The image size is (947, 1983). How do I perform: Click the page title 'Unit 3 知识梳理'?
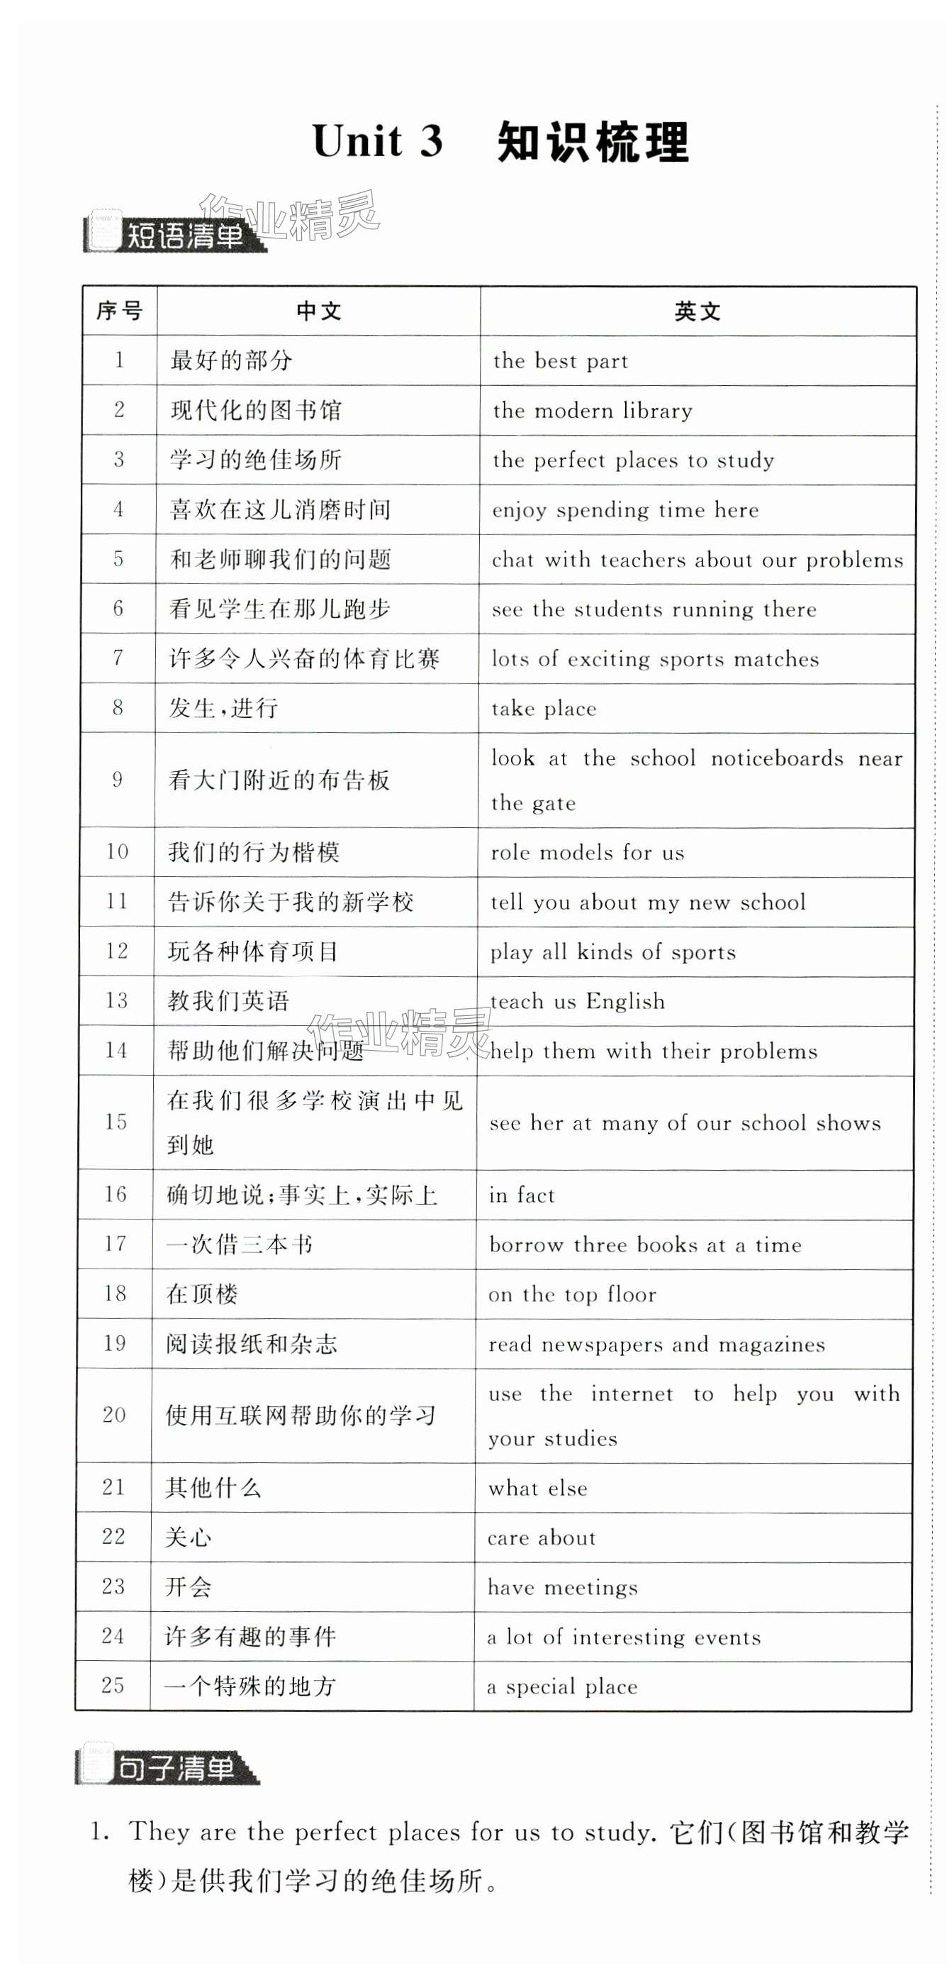(500, 142)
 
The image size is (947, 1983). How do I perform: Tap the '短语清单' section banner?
(175, 235)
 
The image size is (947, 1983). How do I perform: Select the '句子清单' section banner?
(168, 1768)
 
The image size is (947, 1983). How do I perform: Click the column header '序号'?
(119, 311)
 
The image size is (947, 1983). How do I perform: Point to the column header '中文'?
(318, 311)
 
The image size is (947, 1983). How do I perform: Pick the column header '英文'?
(697, 311)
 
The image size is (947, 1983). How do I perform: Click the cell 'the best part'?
(560, 361)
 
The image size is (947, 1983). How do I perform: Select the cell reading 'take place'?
(544, 709)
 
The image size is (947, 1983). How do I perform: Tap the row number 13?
(116, 1001)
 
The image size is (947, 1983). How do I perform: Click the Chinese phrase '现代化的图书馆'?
(255, 410)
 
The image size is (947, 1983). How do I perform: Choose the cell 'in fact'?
(522, 1195)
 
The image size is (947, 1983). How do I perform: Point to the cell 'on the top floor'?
(572, 1295)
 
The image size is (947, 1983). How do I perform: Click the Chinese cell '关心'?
(188, 1538)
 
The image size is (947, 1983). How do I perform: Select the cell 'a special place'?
(562, 1686)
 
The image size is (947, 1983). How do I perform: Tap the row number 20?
(114, 1415)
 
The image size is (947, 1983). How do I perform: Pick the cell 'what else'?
(538, 1488)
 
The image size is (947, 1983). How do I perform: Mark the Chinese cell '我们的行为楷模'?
(253, 852)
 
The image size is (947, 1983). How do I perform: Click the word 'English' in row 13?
(624, 1002)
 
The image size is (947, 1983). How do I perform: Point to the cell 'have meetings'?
(562, 1587)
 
